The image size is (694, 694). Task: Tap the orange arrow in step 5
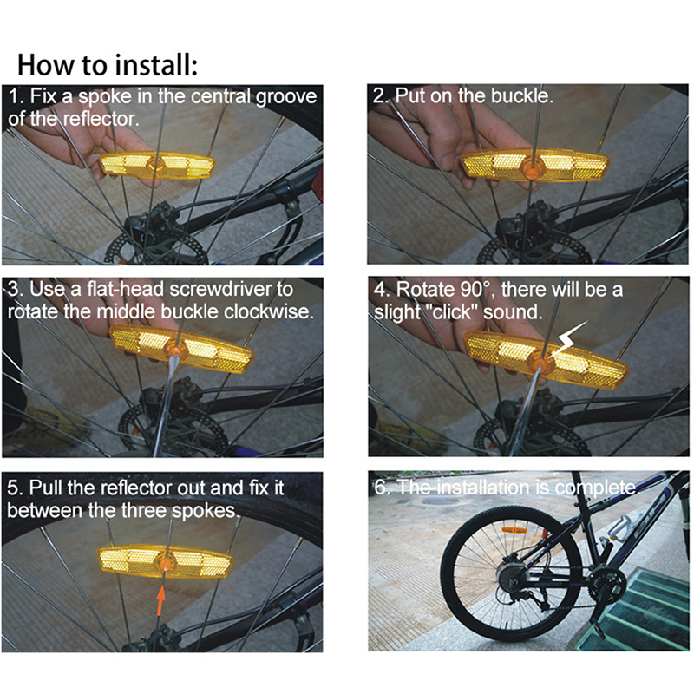click(160, 599)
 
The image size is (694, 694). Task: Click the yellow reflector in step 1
click(157, 166)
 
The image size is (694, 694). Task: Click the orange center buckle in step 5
click(166, 564)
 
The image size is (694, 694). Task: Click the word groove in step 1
click(286, 97)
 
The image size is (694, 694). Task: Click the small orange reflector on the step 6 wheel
click(514, 530)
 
